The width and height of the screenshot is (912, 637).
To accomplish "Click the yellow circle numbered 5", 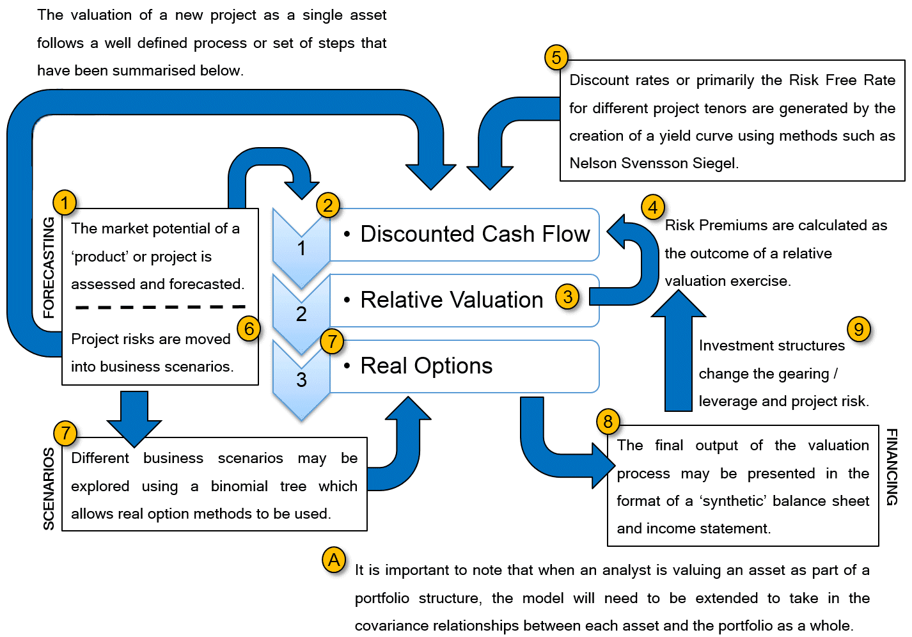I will tap(556, 58).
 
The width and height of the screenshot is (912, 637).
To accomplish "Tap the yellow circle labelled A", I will tap(334, 560).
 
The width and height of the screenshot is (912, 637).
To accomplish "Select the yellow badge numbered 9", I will tap(858, 329).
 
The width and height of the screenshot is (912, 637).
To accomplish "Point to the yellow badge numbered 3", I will tap(567, 297).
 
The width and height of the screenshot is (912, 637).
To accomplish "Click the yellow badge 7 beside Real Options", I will tap(332, 342).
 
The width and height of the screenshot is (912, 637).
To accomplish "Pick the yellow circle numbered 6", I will tap(249, 329).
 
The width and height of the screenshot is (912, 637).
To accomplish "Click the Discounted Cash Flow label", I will tap(475, 234).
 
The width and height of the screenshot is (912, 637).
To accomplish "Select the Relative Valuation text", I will tap(452, 300).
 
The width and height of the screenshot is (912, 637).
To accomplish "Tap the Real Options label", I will tap(426, 366).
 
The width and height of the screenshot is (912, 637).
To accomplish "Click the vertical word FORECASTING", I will tap(49, 267).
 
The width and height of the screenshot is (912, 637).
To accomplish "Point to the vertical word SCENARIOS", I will tap(49, 489).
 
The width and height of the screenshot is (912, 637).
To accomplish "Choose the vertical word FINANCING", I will tap(892, 467).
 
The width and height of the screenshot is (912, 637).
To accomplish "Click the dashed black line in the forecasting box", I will tap(160, 308).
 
